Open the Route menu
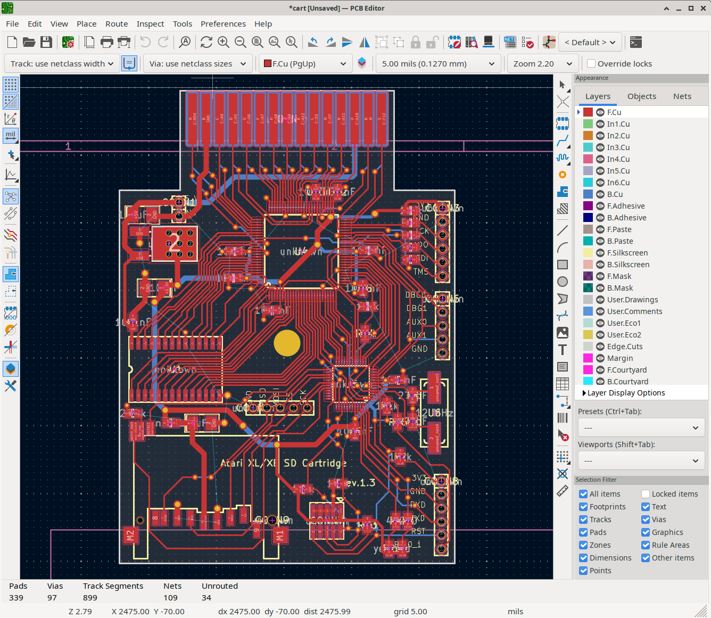(x=117, y=24)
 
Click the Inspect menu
(x=150, y=24)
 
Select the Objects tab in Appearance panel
(x=641, y=96)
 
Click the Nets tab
(x=682, y=96)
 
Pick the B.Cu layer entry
(x=615, y=194)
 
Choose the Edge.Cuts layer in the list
(x=624, y=347)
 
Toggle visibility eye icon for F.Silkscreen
(x=600, y=253)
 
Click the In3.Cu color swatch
(x=588, y=147)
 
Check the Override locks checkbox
(x=591, y=64)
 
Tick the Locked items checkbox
(x=646, y=494)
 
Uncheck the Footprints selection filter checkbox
(x=583, y=507)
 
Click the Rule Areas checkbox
(x=646, y=545)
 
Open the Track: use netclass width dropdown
(x=62, y=64)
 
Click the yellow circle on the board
(x=287, y=343)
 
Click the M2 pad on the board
(x=130, y=535)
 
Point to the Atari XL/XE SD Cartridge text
(x=283, y=463)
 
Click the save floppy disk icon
(x=46, y=42)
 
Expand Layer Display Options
(x=626, y=393)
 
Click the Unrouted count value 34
(x=206, y=598)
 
